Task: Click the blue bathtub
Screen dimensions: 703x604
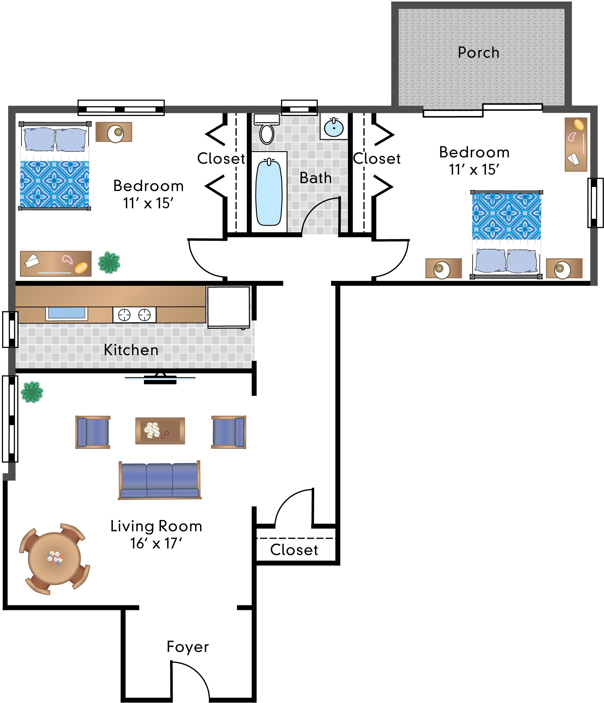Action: (x=269, y=193)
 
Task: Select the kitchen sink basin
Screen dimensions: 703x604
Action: (x=67, y=313)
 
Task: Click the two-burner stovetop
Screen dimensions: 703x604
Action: (x=134, y=314)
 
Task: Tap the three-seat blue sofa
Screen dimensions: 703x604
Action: (x=160, y=480)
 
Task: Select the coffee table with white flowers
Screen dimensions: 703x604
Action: (x=160, y=431)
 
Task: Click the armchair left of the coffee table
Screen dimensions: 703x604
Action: (x=93, y=432)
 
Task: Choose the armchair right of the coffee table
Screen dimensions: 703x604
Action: (x=228, y=432)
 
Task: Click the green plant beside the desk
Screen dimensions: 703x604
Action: (x=109, y=262)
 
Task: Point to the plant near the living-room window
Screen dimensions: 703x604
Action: (x=32, y=392)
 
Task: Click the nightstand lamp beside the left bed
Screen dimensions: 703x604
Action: (x=115, y=133)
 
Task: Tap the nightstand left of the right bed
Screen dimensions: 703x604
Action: (x=443, y=268)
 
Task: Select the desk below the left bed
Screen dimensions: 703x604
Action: (x=56, y=264)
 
